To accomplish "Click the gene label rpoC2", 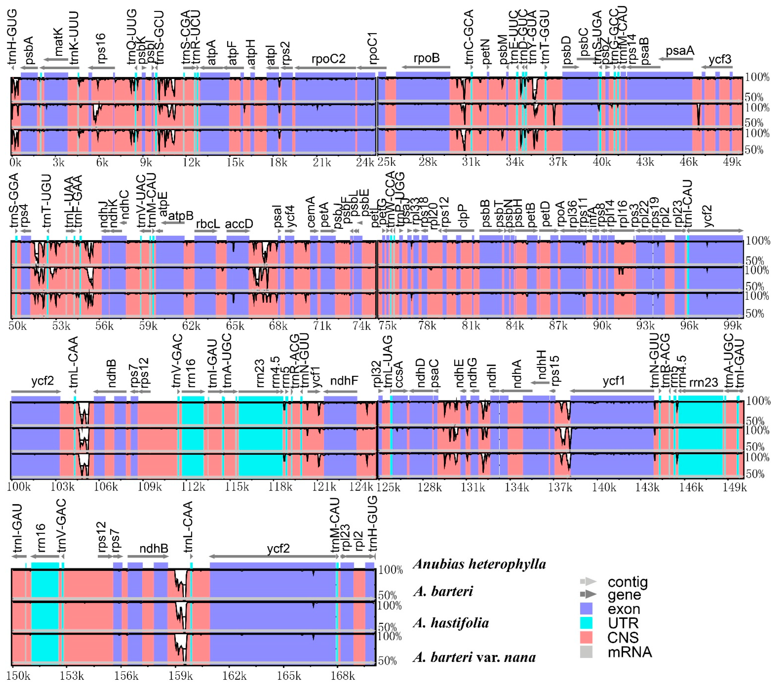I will (328, 59).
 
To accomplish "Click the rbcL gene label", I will (207, 224).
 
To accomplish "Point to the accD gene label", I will (239, 224).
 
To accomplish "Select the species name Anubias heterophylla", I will (480, 564).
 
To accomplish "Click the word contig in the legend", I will (628, 582).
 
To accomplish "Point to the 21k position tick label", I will (321, 163).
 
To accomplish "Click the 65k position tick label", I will (235, 326).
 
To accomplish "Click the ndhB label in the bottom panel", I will (154, 549).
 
